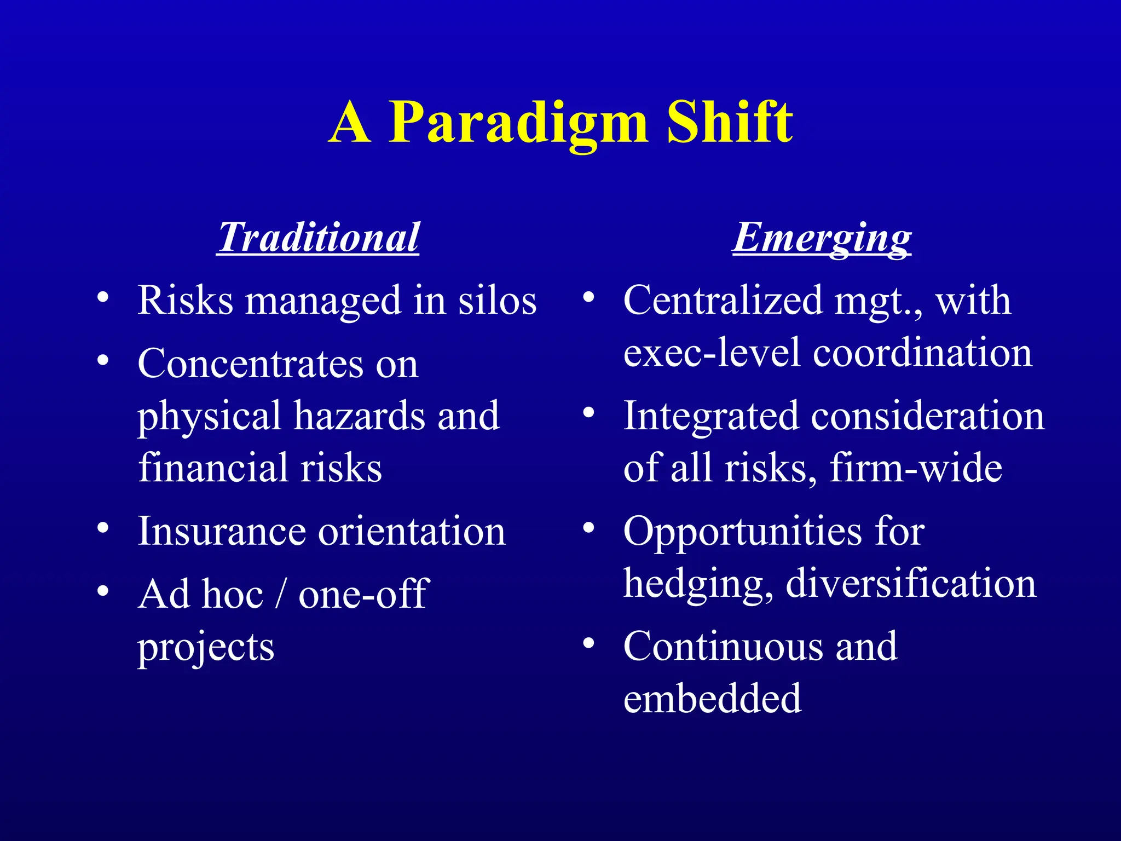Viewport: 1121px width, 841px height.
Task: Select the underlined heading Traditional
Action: tap(318, 238)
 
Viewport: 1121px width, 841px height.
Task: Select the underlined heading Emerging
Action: tap(822, 238)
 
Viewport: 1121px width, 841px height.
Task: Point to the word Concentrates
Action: tap(250, 364)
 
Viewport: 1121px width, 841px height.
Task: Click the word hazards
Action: tap(359, 416)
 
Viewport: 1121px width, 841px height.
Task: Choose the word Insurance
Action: tap(222, 531)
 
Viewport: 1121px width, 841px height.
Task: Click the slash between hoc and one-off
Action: tap(280, 594)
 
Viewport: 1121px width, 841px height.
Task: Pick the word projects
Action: tap(205, 647)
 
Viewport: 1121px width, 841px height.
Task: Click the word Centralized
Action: tap(723, 301)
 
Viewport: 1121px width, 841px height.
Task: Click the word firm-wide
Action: tap(915, 468)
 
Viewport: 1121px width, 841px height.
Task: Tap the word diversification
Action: tap(911, 583)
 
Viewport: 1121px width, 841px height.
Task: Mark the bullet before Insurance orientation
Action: tap(102, 528)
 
